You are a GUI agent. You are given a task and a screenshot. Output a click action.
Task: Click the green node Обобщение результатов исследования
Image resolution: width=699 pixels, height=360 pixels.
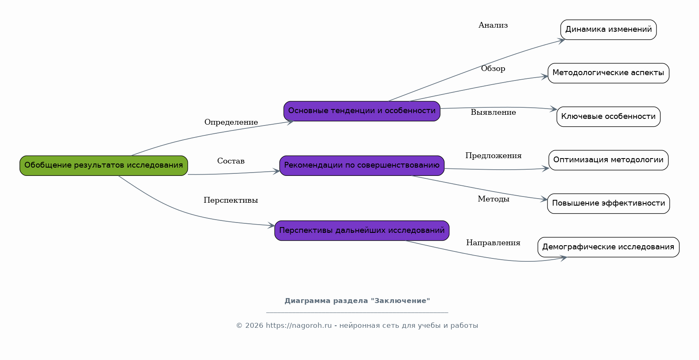(104, 166)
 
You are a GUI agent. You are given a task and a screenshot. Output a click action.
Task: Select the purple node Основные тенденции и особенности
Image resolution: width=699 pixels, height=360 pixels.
(362, 111)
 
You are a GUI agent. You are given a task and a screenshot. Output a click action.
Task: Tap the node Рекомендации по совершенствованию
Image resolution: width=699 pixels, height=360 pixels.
(362, 166)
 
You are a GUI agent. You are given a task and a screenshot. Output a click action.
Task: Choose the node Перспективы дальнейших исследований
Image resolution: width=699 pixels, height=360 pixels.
(362, 230)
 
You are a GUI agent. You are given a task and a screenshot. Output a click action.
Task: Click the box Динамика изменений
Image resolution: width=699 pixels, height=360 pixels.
(608, 30)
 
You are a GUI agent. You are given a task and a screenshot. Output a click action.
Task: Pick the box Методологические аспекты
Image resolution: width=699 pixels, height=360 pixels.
(608, 73)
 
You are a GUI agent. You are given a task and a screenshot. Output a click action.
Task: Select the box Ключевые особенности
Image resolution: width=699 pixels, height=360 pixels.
(608, 117)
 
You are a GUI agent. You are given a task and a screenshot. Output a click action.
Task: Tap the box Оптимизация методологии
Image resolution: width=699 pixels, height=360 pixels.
(608, 160)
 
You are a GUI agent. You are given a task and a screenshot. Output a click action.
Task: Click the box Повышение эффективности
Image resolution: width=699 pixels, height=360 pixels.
(608, 204)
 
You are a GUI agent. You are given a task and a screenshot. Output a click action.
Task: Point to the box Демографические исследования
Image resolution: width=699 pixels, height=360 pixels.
(608, 247)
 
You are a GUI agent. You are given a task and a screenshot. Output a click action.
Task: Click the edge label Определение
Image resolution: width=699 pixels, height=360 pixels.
(231, 122)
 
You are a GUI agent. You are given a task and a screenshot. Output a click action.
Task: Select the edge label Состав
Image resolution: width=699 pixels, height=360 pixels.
(231, 161)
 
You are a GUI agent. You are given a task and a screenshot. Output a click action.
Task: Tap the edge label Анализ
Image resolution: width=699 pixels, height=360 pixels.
(493, 25)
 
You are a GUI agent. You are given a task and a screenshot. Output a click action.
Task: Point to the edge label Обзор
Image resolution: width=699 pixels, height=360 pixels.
(493, 69)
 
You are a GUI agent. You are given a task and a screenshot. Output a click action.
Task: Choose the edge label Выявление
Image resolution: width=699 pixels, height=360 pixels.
(493, 112)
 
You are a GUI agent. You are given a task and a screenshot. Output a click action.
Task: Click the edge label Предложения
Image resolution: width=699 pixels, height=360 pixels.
(493, 156)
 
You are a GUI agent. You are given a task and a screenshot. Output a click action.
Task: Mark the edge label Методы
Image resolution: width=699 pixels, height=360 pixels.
(493, 199)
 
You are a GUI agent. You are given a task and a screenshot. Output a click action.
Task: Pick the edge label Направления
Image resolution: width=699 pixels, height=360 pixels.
(493, 243)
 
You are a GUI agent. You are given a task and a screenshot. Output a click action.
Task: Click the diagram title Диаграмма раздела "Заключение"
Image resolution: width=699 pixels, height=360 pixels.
(357, 301)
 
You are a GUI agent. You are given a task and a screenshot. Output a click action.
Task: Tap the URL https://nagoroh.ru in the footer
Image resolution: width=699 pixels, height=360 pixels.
(299, 326)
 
